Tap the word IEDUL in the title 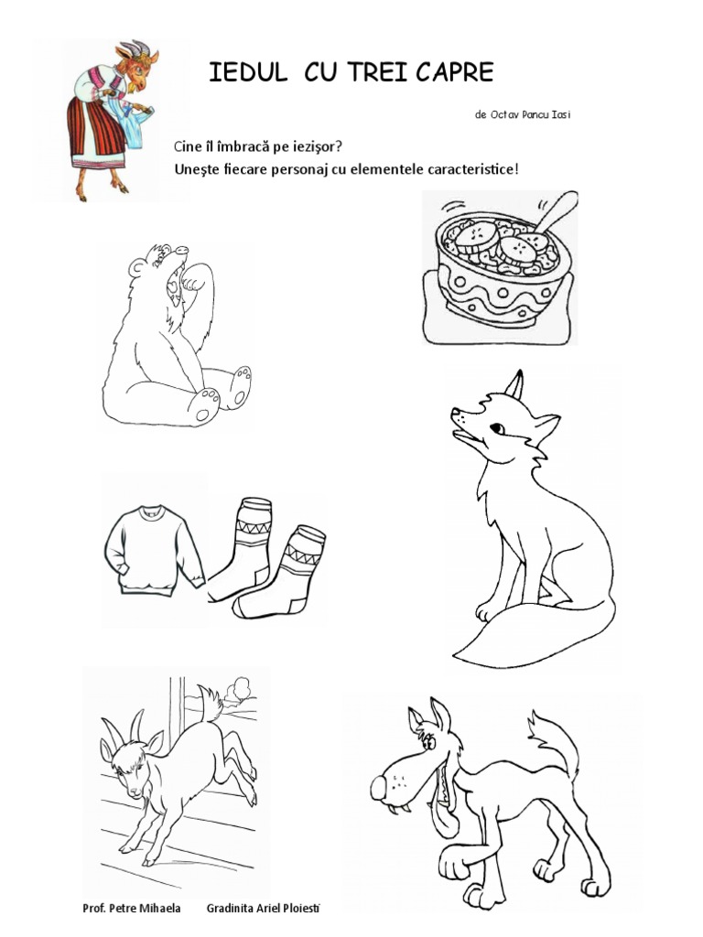pyautogui.click(x=247, y=72)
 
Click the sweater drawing pyautogui.click(x=153, y=549)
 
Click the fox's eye pyautogui.click(x=497, y=428)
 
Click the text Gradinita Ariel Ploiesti pyautogui.click(x=263, y=909)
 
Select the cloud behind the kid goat pyautogui.click(x=241, y=688)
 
